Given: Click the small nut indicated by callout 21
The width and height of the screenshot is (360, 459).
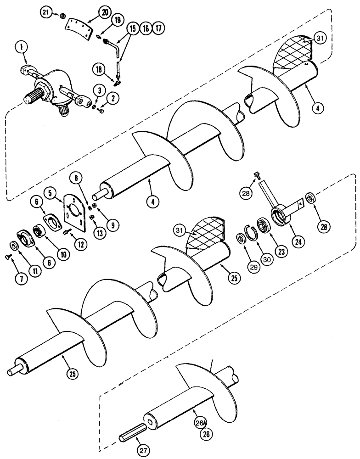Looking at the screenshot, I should tap(61, 17).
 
